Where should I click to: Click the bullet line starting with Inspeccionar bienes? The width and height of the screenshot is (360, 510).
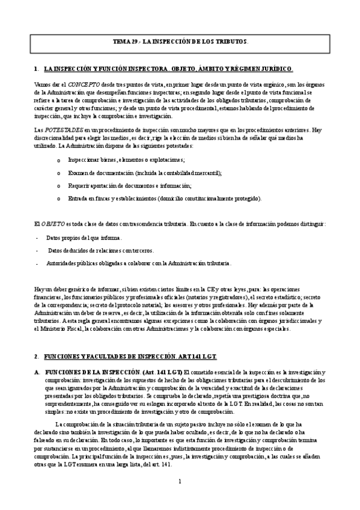pyautogui.click(x=126, y=159)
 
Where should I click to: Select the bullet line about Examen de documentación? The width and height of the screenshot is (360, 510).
pyautogui.click(x=145, y=173)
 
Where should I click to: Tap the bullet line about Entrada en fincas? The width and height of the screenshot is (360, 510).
pyautogui.click(x=165, y=198)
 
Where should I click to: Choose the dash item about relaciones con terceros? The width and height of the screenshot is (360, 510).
pyautogui.click(x=100, y=250)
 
